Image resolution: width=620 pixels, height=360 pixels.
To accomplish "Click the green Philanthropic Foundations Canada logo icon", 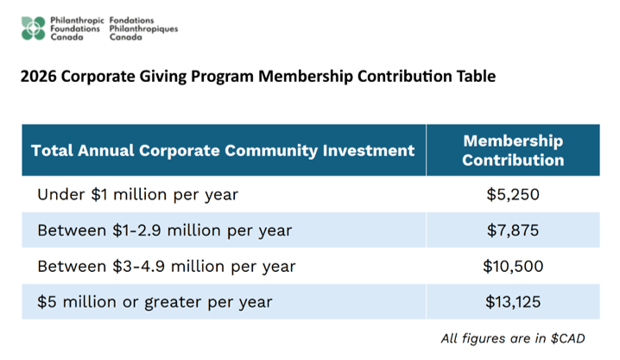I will (34, 28).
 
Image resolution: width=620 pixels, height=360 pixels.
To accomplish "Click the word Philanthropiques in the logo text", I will (143, 28).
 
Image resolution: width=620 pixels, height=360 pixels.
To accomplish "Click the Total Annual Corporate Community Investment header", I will (223, 150).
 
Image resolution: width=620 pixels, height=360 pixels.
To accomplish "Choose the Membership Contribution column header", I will (513, 150).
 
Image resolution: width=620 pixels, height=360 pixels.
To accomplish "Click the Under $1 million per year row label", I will (137, 194).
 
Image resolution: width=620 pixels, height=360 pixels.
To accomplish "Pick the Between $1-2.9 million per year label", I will (164, 231).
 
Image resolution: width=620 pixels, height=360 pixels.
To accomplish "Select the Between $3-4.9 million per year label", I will (166, 266).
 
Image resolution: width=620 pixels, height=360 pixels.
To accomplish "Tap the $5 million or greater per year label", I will (155, 302).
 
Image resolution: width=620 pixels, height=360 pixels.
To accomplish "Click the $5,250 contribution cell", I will (513, 194).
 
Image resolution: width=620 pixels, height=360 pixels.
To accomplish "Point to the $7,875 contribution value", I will (513, 231).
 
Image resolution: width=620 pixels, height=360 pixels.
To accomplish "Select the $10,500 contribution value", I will (513, 266).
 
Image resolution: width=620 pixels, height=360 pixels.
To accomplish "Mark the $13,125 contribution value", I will (513, 302).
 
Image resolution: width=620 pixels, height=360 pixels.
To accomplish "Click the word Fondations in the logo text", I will (133, 19).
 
